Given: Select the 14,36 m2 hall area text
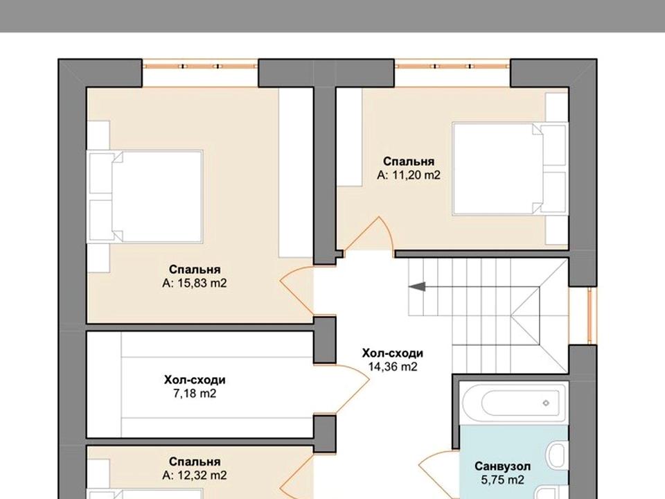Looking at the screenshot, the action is click(x=393, y=367).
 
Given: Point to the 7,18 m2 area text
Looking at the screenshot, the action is click(x=195, y=394).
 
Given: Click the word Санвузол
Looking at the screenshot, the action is click(x=503, y=466).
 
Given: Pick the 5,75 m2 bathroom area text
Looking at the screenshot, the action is click(x=503, y=480).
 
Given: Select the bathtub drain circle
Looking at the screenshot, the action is click(x=546, y=403).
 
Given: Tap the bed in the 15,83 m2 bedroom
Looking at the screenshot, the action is click(x=145, y=196).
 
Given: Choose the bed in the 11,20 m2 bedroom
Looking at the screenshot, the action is click(x=511, y=169).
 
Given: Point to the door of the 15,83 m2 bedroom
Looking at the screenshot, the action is click(x=297, y=292).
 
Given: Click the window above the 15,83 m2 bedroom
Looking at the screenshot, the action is click(x=200, y=67).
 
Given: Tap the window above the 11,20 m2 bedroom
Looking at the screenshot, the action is click(x=452, y=67).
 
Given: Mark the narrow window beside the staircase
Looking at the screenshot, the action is click(x=589, y=315).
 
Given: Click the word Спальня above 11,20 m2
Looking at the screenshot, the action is click(x=409, y=161).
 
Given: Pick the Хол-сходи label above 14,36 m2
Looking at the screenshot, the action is click(x=393, y=353).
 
